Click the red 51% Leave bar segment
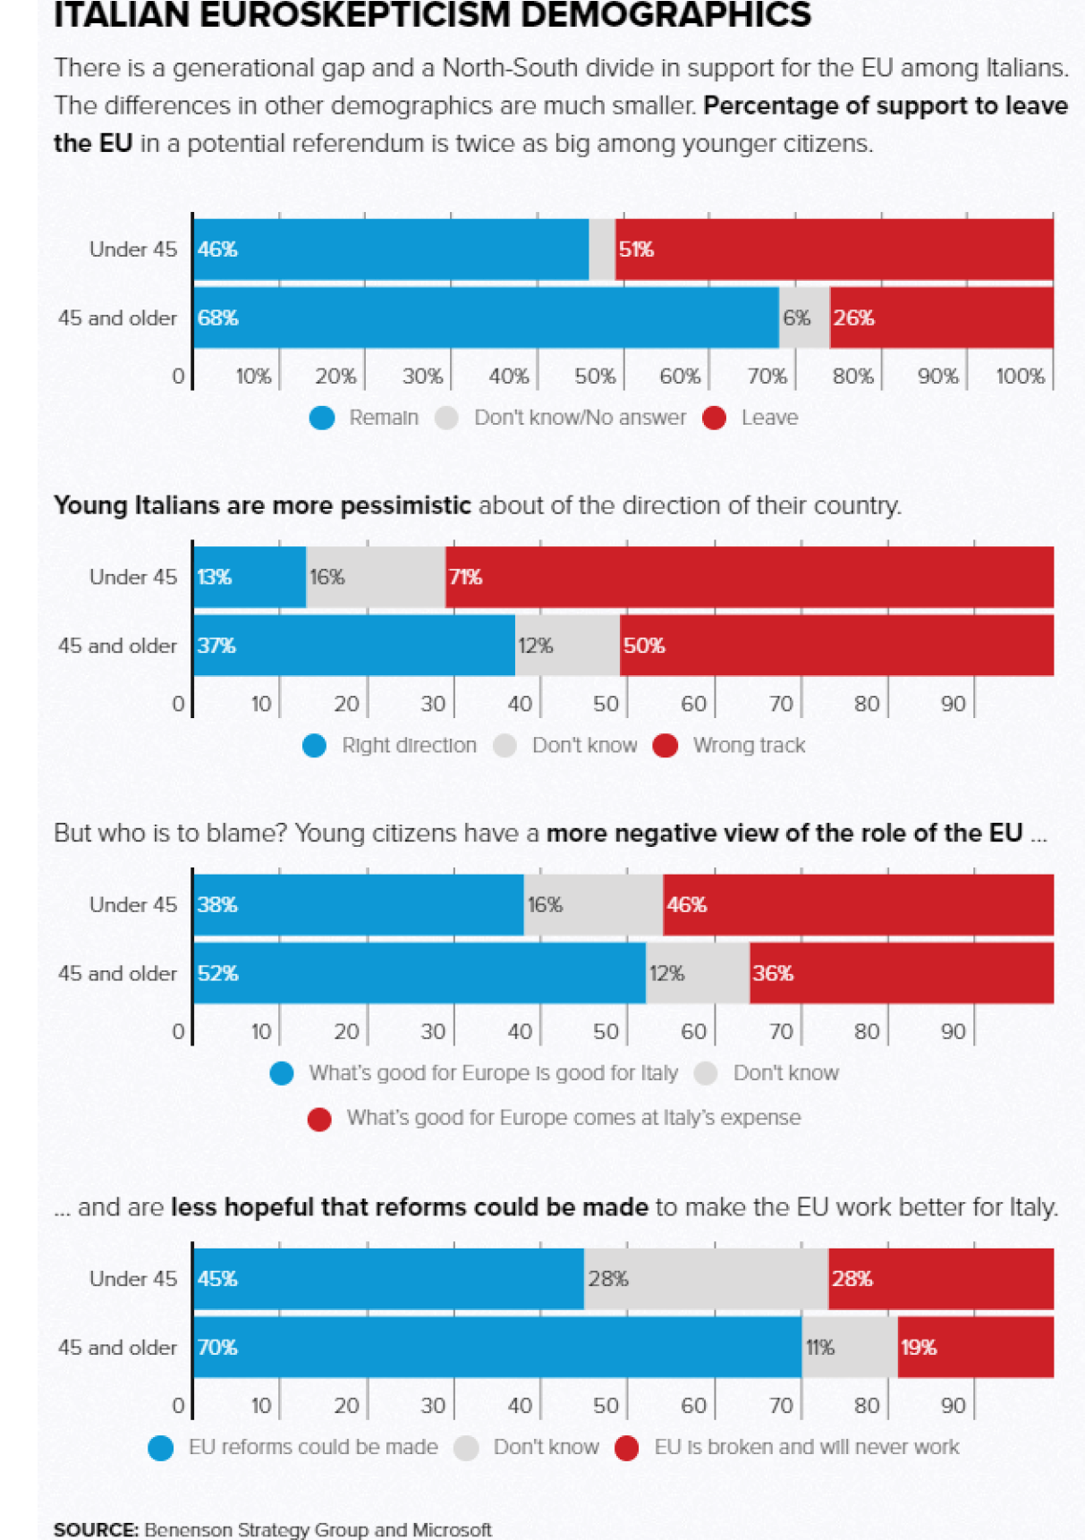(834, 250)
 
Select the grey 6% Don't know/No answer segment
(803, 317)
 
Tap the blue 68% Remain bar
(486, 317)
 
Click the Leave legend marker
(715, 418)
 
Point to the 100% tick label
(1020, 377)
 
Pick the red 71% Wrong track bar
(750, 577)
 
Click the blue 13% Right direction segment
(250, 577)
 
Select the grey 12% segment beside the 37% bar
(567, 646)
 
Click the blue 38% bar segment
(358, 905)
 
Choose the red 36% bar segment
(902, 973)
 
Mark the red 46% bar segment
(858, 905)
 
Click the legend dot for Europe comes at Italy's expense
(319, 1119)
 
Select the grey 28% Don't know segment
(706, 1279)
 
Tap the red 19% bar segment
(975, 1347)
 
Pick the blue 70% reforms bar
(497, 1347)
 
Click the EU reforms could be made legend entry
(312, 1447)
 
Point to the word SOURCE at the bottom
(96, 1529)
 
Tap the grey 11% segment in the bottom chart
(849, 1347)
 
